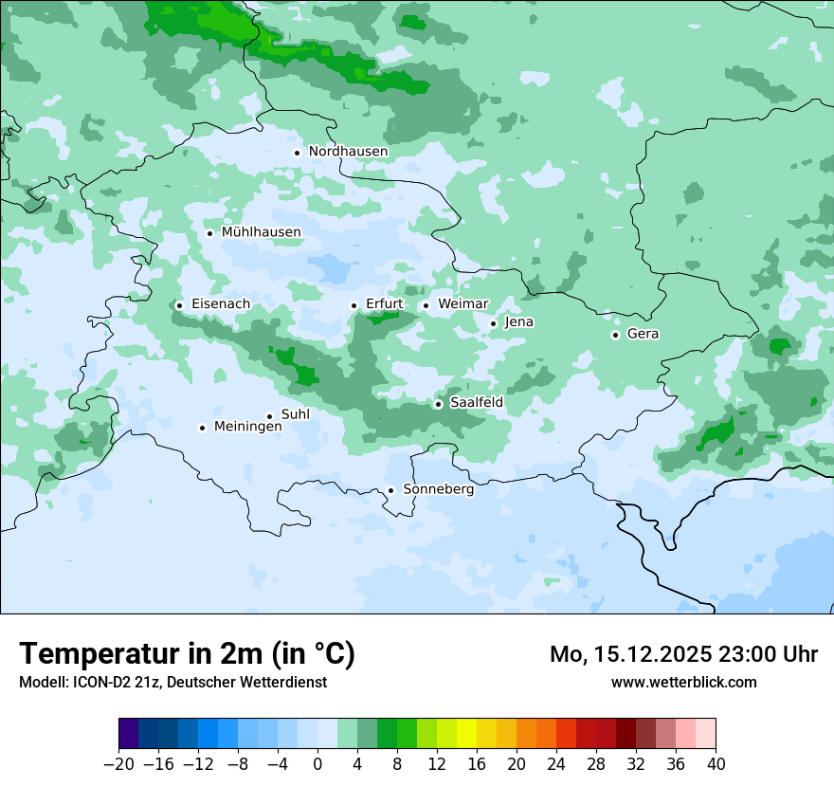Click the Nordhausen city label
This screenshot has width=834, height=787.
click(x=348, y=152)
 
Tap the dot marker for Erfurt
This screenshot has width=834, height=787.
click(x=354, y=305)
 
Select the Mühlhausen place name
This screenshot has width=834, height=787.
click(x=261, y=232)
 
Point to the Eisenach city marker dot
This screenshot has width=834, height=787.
click(x=179, y=305)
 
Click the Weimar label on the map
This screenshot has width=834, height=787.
click(x=462, y=303)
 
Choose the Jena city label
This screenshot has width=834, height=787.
click(x=518, y=322)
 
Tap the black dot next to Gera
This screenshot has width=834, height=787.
click(x=615, y=335)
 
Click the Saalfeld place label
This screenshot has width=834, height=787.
click(x=476, y=403)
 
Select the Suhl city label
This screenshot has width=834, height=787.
click(x=295, y=414)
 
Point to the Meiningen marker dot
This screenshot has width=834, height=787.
click(x=202, y=428)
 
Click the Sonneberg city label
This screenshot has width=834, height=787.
click(x=438, y=489)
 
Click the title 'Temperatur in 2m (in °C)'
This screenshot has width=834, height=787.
click(x=187, y=654)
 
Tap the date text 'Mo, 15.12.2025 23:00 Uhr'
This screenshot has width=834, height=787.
click(x=683, y=654)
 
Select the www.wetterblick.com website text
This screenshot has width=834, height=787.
click(x=683, y=682)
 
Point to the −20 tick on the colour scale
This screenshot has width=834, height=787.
click(x=118, y=764)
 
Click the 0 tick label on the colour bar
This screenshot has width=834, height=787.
click(x=317, y=764)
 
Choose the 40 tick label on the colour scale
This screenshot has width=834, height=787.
click(x=716, y=764)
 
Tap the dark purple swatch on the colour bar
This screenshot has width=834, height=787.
click(x=129, y=734)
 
